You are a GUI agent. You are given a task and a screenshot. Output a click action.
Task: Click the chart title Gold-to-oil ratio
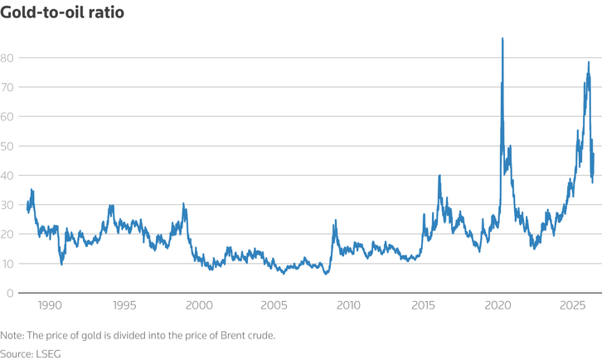pos(62,12)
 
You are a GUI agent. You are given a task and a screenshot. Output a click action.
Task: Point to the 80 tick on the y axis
pos(7,58)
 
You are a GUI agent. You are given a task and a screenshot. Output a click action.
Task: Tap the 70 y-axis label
pos(7,87)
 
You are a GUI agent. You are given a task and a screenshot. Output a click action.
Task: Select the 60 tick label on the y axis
pos(7,116)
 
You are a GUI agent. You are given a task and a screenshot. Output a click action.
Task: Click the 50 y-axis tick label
pos(7,146)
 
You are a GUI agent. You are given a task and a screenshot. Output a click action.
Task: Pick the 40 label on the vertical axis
pos(7,176)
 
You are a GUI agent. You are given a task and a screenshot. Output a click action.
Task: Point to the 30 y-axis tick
pos(7,205)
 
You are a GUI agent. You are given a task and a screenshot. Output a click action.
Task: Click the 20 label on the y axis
pos(7,234)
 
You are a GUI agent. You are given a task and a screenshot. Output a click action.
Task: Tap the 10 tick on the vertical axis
pos(7,264)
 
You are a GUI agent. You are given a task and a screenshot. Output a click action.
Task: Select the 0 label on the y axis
pos(10,293)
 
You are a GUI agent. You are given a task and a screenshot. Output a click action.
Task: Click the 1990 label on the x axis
pos(50,305)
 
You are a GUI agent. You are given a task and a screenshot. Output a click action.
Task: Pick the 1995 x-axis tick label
pos(124,305)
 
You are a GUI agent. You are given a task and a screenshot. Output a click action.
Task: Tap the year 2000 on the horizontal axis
pos(199,305)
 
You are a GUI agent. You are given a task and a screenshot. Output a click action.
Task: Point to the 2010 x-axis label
pos(348,305)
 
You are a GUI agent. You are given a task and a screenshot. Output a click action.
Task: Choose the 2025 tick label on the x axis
pos(572,305)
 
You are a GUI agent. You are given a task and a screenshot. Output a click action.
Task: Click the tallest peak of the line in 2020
pos(502,38)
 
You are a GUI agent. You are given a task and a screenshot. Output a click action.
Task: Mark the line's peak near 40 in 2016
pos(439,175)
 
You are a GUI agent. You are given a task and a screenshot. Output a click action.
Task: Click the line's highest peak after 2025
pos(589,62)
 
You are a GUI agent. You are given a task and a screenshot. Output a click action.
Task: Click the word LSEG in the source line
pos(48,354)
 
